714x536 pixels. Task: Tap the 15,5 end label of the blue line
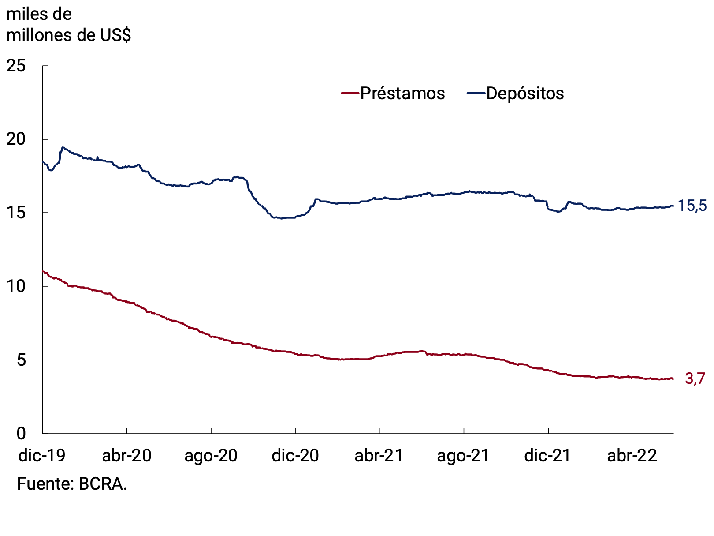coord(692,206)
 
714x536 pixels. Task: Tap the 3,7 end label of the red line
coord(695,379)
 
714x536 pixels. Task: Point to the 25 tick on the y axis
coord(16,66)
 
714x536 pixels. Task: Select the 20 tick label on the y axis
coord(16,139)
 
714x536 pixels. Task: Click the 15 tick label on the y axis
coord(16,213)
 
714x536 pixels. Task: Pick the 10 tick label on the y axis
coord(16,286)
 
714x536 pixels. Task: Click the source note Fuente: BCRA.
coord(72,484)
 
